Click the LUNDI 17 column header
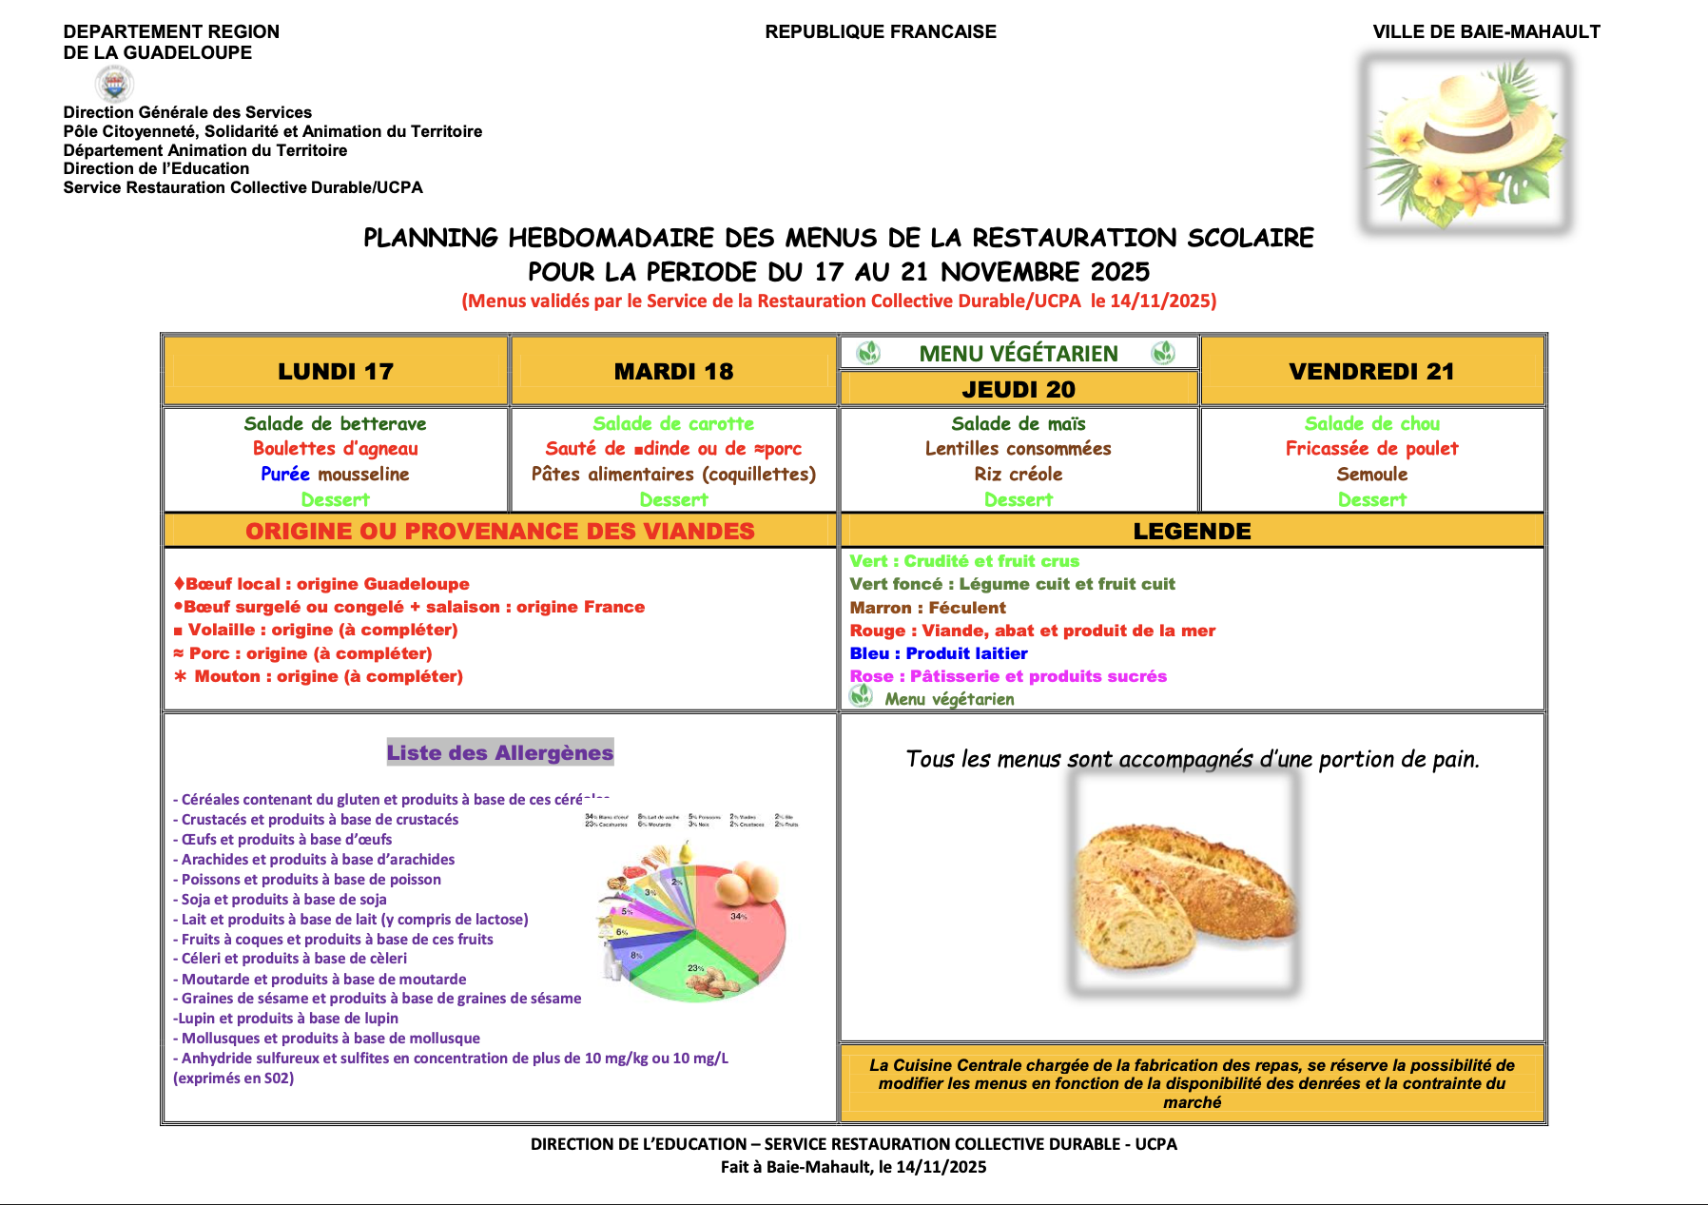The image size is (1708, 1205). point(335,371)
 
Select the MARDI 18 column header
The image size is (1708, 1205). point(673,371)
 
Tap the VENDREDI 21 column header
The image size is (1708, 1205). point(1371,371)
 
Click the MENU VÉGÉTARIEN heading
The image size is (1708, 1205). point(1018,354)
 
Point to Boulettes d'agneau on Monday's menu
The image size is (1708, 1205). point(335,448)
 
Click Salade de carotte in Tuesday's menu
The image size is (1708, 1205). point(673,423)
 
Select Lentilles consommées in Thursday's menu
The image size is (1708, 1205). point(1018,448)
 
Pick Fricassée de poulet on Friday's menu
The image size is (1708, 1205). point(1371,448)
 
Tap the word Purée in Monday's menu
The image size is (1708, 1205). point(285,474)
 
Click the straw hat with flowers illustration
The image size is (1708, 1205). point(1465,143)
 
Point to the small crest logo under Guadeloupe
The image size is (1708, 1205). point(115,85)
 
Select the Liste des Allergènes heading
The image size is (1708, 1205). point(500,752)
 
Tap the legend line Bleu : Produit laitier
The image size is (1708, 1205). point(938,653)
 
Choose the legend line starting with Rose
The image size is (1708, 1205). point(1007,676)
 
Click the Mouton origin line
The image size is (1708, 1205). point(319,676)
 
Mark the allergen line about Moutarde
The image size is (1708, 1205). point(323,979)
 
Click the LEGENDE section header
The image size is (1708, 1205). point(1192,531)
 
